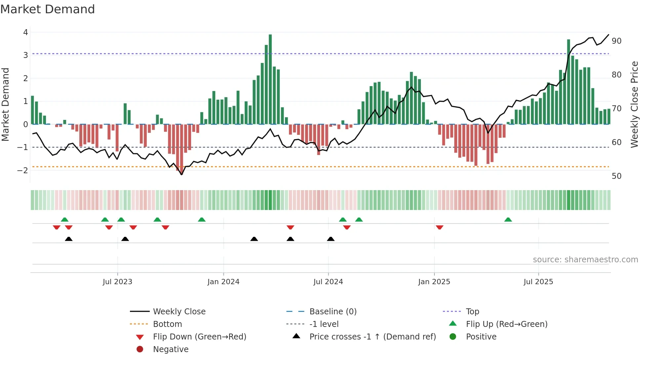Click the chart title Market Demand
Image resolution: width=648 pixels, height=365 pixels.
[48, 9]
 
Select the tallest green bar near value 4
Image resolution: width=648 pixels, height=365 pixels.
[270, 79]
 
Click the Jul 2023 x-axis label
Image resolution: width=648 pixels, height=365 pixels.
[117, 282]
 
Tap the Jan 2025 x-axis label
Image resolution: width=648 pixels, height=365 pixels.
[434, 282]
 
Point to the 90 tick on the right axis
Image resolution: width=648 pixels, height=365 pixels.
[616, 41]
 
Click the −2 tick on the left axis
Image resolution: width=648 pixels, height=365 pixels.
[22, 171]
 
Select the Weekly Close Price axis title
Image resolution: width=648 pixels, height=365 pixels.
[634, 104]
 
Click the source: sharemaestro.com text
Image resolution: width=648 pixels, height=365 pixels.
[585, 260]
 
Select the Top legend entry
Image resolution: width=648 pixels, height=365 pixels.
[472, 312]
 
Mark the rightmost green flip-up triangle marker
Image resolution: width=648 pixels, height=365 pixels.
[508, 220]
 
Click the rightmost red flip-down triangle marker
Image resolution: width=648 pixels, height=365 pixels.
[439, 227]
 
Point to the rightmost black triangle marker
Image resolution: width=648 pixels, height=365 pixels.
[331, 239]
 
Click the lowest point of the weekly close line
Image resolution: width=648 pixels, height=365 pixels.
[182, 174]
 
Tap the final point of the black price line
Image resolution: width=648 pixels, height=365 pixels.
[609, 34]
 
